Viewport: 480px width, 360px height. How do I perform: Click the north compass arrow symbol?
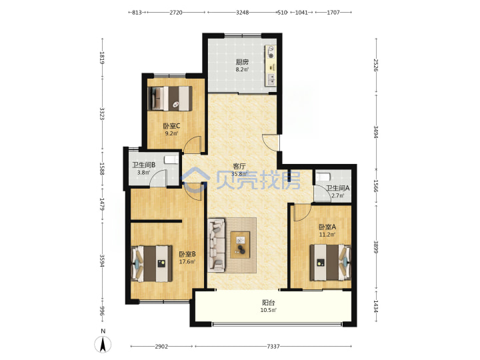coord(103,344)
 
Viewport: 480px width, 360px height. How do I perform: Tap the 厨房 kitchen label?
coord(242,62)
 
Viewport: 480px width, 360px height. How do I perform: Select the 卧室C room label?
coord(171,126)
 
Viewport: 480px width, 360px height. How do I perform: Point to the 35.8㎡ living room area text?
coord(239,174)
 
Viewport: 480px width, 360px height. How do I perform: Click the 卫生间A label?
coord(337,188)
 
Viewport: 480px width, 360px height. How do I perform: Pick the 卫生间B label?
coord(143,165)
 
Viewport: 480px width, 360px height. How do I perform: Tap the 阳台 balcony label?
coord(269,303)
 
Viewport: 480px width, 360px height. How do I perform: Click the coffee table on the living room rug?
coord(240,245)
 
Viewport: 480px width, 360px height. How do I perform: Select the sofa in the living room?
coord(217,245)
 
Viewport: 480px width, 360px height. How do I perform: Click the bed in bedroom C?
coord(170,98)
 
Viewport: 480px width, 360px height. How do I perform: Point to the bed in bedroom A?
coord(330,263)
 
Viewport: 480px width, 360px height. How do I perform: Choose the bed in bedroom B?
coord(152,263)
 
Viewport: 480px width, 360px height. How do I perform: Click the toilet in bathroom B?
coord(171,159)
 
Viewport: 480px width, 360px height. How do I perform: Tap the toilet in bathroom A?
coord(323,177)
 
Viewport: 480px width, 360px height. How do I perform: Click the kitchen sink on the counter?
coord(271,79)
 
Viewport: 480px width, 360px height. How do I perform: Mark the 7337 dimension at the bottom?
coord(273,346)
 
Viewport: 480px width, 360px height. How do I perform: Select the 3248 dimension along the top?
coord(242,13)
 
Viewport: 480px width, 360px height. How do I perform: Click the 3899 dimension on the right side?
coord(376,247)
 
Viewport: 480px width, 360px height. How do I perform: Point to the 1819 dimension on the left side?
coord(102,57)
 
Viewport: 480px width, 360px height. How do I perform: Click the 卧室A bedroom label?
coord(327,227)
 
